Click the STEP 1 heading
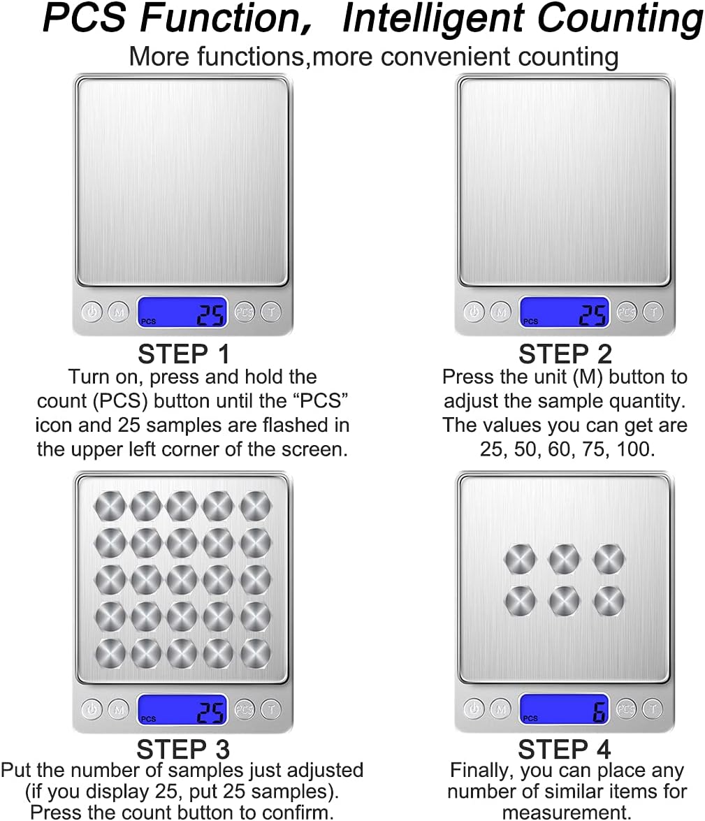(184, 354)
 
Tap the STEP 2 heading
(565, 354)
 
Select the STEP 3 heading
(183, 749)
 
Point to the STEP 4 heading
(565, 749)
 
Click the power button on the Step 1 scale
(92, 312)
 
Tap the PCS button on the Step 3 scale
(244, 709)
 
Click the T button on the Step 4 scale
(653, 709)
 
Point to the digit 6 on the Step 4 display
(599, 711)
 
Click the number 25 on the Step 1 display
(210, 315)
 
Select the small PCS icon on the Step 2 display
(530, 321)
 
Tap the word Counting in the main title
(620, 19)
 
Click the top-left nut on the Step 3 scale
(110, 507)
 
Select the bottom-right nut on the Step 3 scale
(256, 653)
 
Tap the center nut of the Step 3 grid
(182, 580)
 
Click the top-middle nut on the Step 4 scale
(564, 559)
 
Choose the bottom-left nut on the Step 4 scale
(520, 600)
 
